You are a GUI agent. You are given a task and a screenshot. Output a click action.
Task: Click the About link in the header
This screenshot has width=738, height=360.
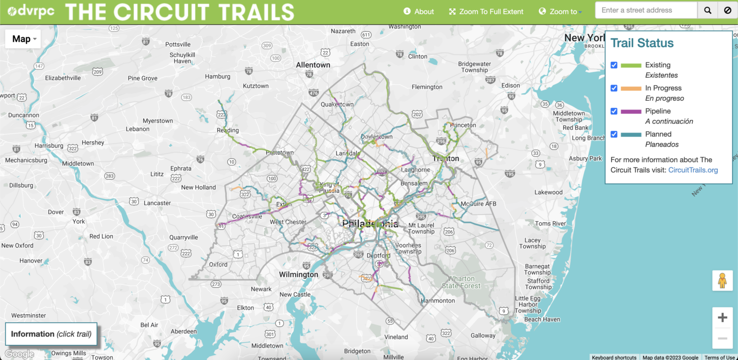point(419,11)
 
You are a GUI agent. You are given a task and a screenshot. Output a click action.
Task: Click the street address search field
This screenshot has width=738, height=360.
point(646,10)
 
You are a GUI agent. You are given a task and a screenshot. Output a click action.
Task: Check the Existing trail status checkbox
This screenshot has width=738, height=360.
point(614,65)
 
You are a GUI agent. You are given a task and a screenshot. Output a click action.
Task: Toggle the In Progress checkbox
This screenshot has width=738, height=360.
point(614,88)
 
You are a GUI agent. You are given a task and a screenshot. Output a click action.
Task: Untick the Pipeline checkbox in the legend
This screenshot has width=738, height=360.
point(614,111)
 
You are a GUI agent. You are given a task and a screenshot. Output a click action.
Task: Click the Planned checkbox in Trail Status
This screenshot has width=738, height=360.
point(614,134)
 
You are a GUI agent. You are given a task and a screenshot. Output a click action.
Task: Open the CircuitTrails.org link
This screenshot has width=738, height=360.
point(693,170)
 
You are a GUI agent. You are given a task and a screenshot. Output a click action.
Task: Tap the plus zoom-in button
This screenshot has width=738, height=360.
point(722,318)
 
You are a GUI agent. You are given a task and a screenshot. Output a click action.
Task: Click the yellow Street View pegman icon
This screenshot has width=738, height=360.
point(722,281)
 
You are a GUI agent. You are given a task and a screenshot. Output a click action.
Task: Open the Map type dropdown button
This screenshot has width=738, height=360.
point(23,39)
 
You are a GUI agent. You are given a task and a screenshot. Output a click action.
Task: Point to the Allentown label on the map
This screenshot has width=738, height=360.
point(313,65)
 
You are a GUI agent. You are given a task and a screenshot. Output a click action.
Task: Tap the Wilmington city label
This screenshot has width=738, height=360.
point(299,274)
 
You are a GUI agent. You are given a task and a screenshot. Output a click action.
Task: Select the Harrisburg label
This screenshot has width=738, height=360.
point(49,146)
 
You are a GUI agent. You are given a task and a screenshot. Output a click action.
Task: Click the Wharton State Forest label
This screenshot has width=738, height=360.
point(461,282)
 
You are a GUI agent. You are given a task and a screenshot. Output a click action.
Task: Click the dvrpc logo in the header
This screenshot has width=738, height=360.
point(31,11)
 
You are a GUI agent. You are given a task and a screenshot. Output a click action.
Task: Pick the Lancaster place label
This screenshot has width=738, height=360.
point(157,203)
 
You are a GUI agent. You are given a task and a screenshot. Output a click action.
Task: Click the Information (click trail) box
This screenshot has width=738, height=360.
point(51,334)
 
